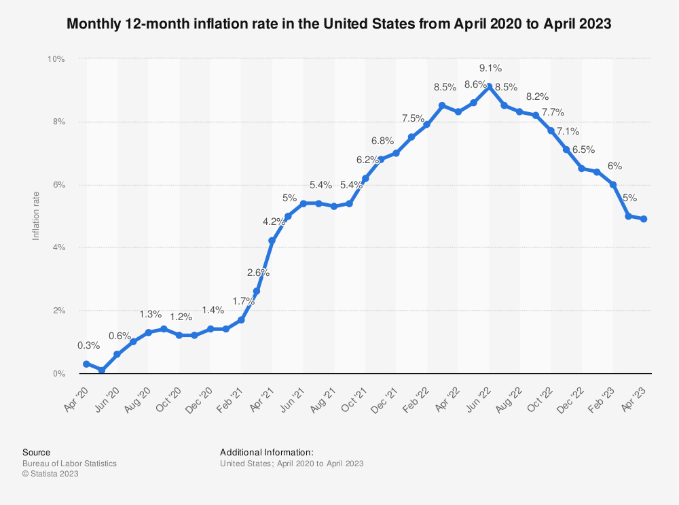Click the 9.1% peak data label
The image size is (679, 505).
point(490,68)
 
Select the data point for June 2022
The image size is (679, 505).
point(490,87)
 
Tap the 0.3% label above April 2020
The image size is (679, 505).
point(86,346)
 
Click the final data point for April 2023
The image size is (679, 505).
point(643,219)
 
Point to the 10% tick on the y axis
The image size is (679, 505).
point(56,59)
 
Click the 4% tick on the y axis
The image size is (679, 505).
point(58,247)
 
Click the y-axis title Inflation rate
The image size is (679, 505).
point(36,216)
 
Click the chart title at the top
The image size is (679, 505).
point(339,24)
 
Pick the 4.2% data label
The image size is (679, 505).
point(274,222)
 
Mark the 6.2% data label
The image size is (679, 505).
point(367,160)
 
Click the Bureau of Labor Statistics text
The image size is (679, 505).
point(69,464)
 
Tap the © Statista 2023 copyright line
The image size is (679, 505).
point(50,474)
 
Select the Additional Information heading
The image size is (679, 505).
point(267,452)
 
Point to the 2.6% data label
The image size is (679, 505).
point(258,273)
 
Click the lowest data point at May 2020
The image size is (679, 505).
point(101,370)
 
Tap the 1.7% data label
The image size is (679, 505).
point(243,300)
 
